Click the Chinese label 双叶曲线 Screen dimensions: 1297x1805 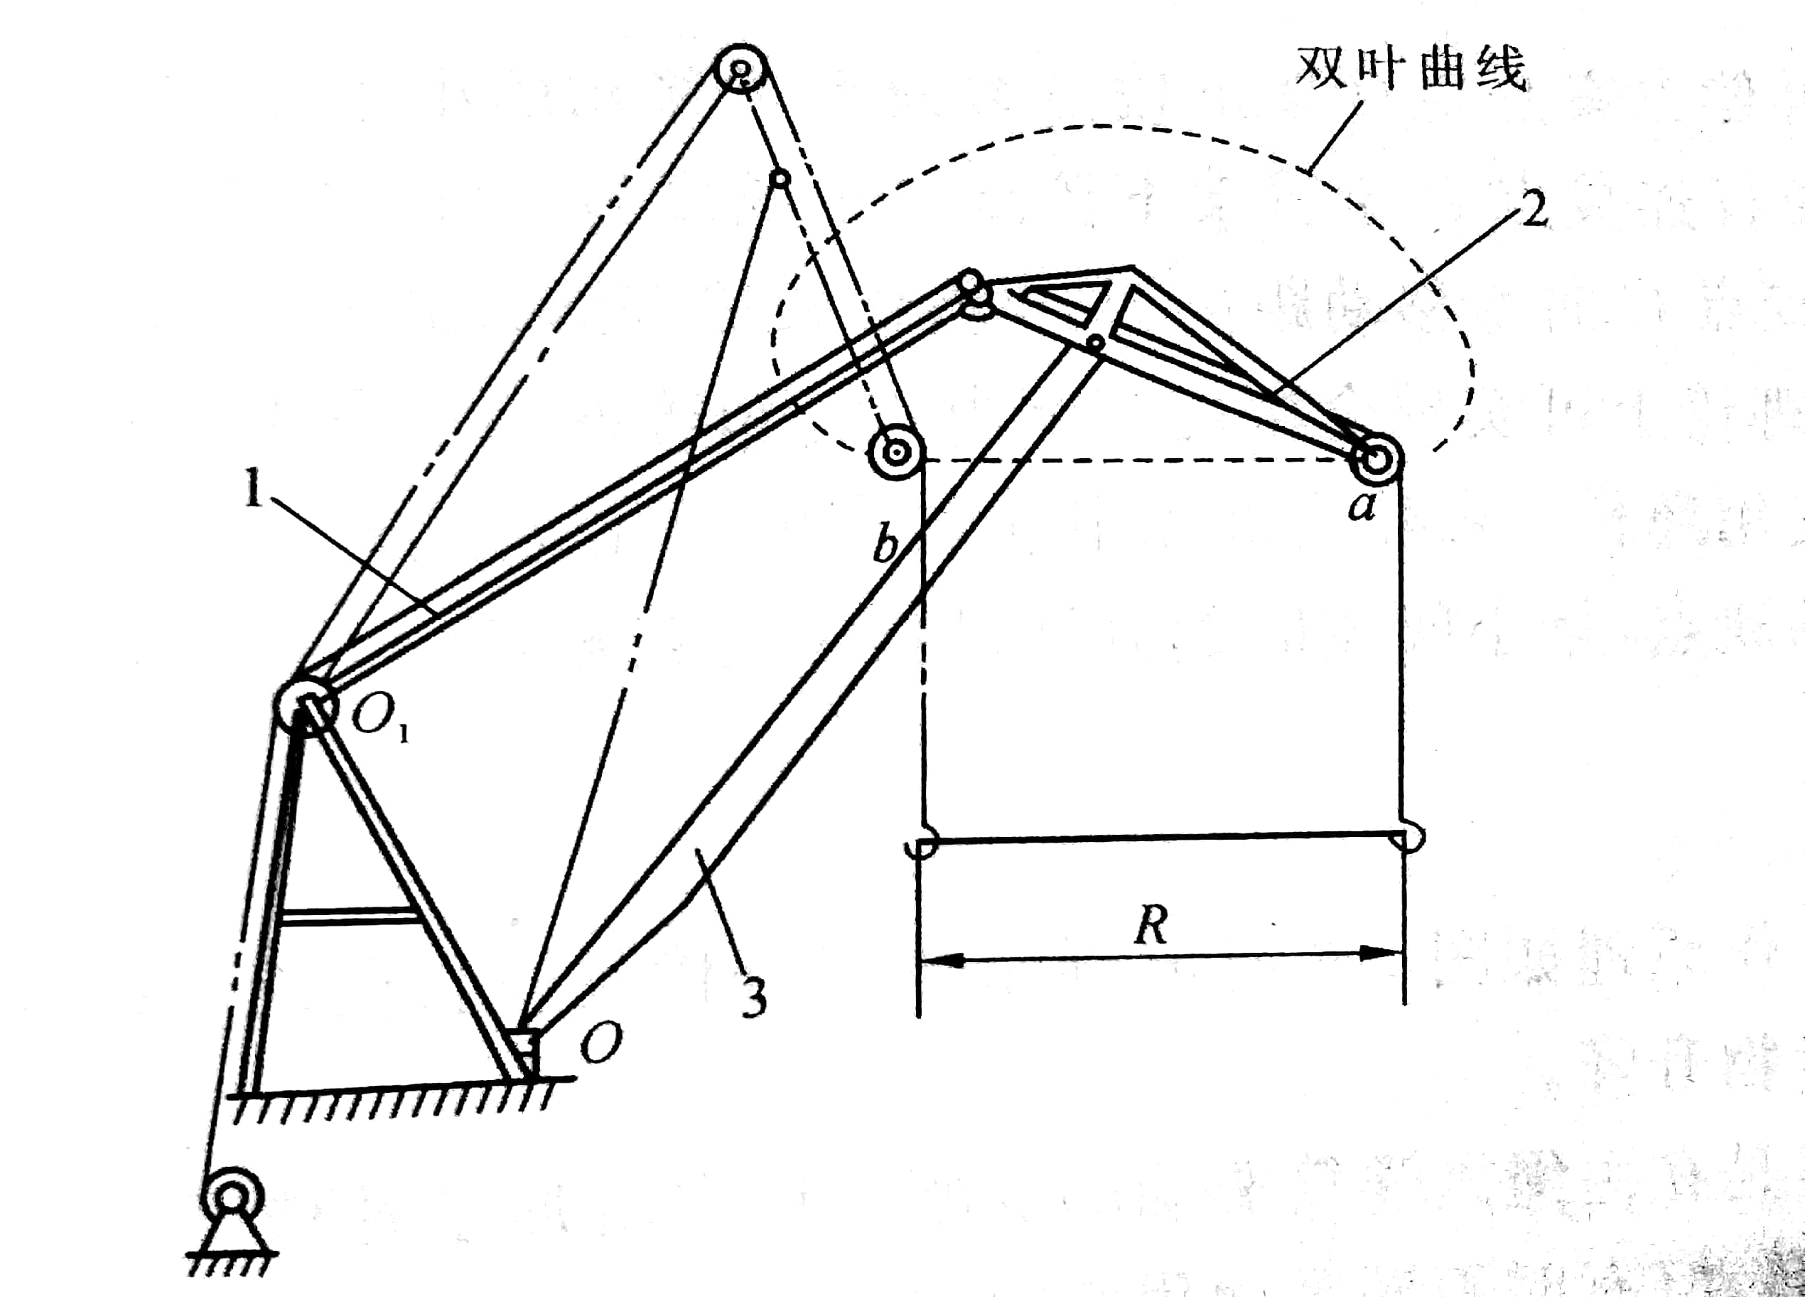point(1411,68)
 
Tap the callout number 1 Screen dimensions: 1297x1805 point(253,487)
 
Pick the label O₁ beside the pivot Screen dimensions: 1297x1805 point(380,717)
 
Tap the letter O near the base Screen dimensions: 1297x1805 point(601,1042)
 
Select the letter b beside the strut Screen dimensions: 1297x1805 point(885,545)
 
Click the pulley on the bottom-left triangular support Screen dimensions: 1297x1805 point(232,1195)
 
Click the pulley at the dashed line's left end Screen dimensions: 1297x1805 point(897,452)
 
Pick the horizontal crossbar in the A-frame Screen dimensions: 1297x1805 point(350,916)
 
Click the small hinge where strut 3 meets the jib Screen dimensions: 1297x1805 point(1096,343)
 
